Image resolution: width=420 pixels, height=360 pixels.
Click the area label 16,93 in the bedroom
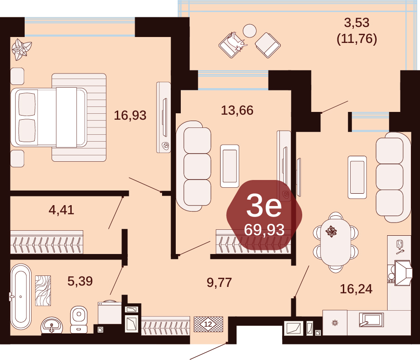pos(130,115)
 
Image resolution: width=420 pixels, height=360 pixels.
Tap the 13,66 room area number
pos(237,110)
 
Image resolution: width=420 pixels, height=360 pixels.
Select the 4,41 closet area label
pos(61,210)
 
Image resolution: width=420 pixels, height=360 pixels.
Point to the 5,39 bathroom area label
pos(80,281)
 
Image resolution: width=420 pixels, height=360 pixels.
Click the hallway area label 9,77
pos(220,282)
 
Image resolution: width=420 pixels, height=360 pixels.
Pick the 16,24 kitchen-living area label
pos(356,289)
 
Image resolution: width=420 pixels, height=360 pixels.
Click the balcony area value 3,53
pos(357,23)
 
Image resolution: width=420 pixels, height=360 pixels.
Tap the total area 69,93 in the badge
pos(264,230)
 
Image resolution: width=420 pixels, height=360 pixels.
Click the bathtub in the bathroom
pos(21,297)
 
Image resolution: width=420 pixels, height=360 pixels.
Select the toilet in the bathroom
pos(79,319)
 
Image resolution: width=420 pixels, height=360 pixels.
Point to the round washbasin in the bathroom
pos(52,326)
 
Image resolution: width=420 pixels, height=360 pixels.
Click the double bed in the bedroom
pos(49,117)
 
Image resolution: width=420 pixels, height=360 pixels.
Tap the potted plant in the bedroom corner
pos(21,49)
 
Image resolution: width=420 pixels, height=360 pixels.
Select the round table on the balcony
pos(250,31)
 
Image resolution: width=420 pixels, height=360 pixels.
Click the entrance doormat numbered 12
pos(208,324)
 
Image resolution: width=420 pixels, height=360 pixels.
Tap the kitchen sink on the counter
pos(371,320)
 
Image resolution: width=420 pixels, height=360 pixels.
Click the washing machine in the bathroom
pos(109,313)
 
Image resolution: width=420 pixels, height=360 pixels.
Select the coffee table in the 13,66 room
pos(230,166)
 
